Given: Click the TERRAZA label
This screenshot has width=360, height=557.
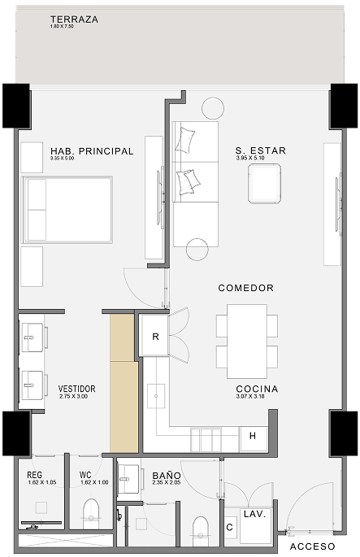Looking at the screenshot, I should click(75, 20).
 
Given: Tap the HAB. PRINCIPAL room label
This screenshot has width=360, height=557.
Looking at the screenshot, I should click(91, 151).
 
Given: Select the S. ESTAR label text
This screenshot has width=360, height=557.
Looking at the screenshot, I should click(261, 151).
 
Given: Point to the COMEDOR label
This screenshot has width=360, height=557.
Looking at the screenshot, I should click(245, 288).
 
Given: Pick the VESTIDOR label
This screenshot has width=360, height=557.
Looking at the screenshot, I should click(77, 389).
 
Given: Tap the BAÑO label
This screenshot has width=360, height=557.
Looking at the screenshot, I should click(167, 475).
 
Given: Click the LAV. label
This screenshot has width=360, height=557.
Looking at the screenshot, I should click(254, 516).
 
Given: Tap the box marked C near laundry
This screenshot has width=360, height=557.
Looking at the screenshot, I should click(229, 528).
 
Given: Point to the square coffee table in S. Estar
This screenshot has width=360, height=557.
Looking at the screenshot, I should click(265, 183).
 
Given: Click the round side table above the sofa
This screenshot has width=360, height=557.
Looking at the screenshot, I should click(213, 108).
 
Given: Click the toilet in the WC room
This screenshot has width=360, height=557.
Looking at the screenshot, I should click(90, 511).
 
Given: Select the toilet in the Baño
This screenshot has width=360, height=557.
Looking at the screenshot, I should click(201, 528).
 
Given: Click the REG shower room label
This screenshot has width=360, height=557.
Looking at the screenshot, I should click(34, 475).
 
